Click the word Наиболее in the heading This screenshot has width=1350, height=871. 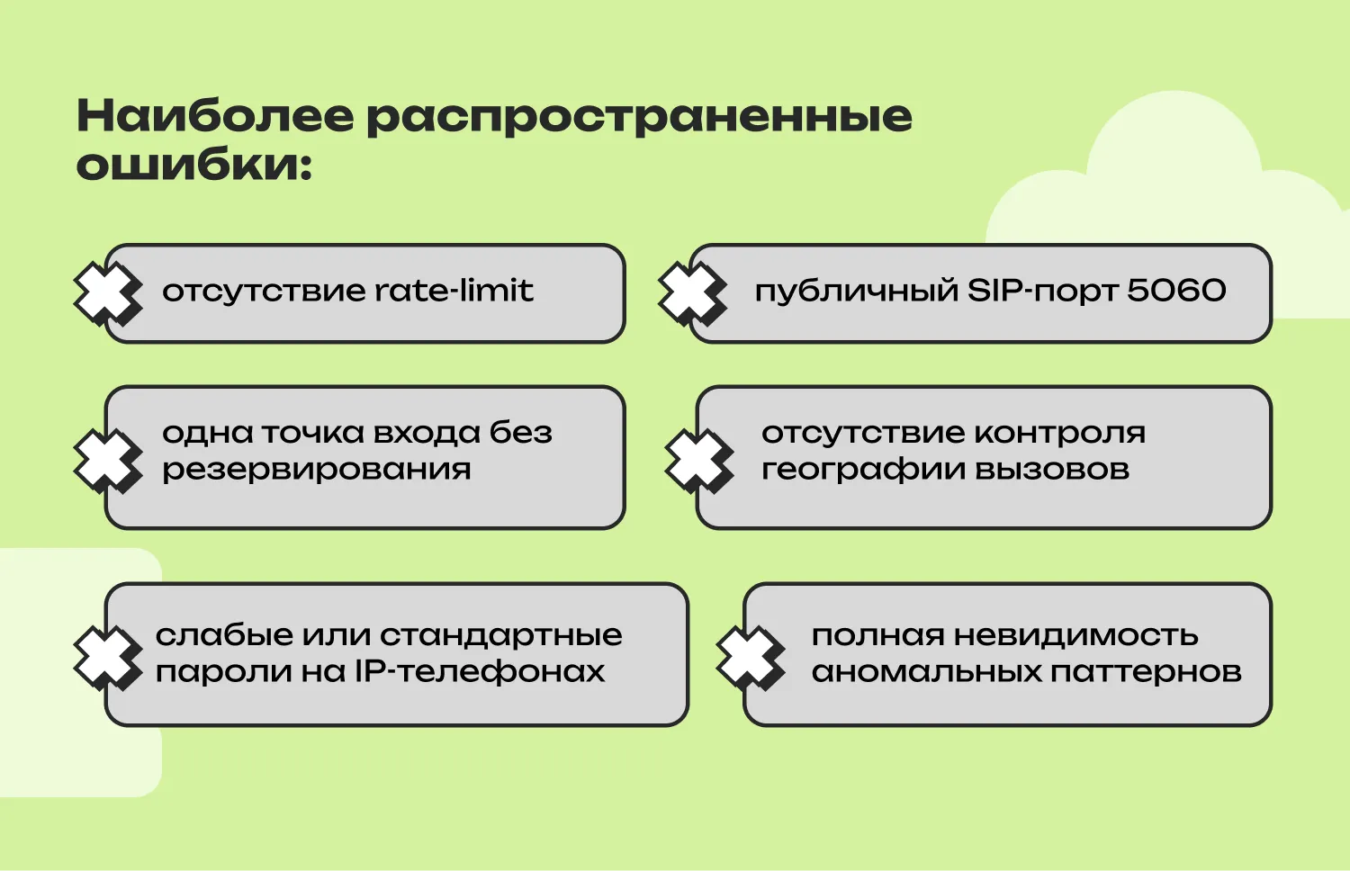point(215,117)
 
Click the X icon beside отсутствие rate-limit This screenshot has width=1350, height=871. point(107,292)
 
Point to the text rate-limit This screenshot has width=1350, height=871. point(454,291)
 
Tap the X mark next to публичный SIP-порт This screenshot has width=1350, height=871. point(691,292)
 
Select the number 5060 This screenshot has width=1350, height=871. point(1176,291)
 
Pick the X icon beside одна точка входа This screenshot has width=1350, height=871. point(107,461)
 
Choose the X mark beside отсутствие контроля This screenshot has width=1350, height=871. point(698,461)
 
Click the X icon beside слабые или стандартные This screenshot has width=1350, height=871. point(107,657)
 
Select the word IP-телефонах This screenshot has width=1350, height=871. point(479,671)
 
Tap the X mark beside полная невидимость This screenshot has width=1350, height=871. point(750,657)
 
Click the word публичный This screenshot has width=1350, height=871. point(856,292)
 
